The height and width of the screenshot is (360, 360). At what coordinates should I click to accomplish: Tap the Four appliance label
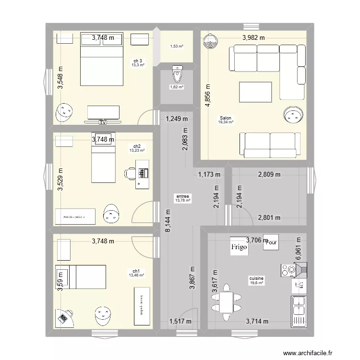272,242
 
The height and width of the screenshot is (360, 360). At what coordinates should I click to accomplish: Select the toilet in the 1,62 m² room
177,74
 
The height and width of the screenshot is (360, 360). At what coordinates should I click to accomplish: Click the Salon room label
226,118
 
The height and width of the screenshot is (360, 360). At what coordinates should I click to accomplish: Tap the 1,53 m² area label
177,46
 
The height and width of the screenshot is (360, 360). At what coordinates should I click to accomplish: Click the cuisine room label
256,278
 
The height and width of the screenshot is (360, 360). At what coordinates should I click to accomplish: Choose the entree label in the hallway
182,196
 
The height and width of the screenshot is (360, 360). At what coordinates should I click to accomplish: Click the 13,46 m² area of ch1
136,276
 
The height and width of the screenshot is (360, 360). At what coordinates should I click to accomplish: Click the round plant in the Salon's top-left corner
210,43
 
